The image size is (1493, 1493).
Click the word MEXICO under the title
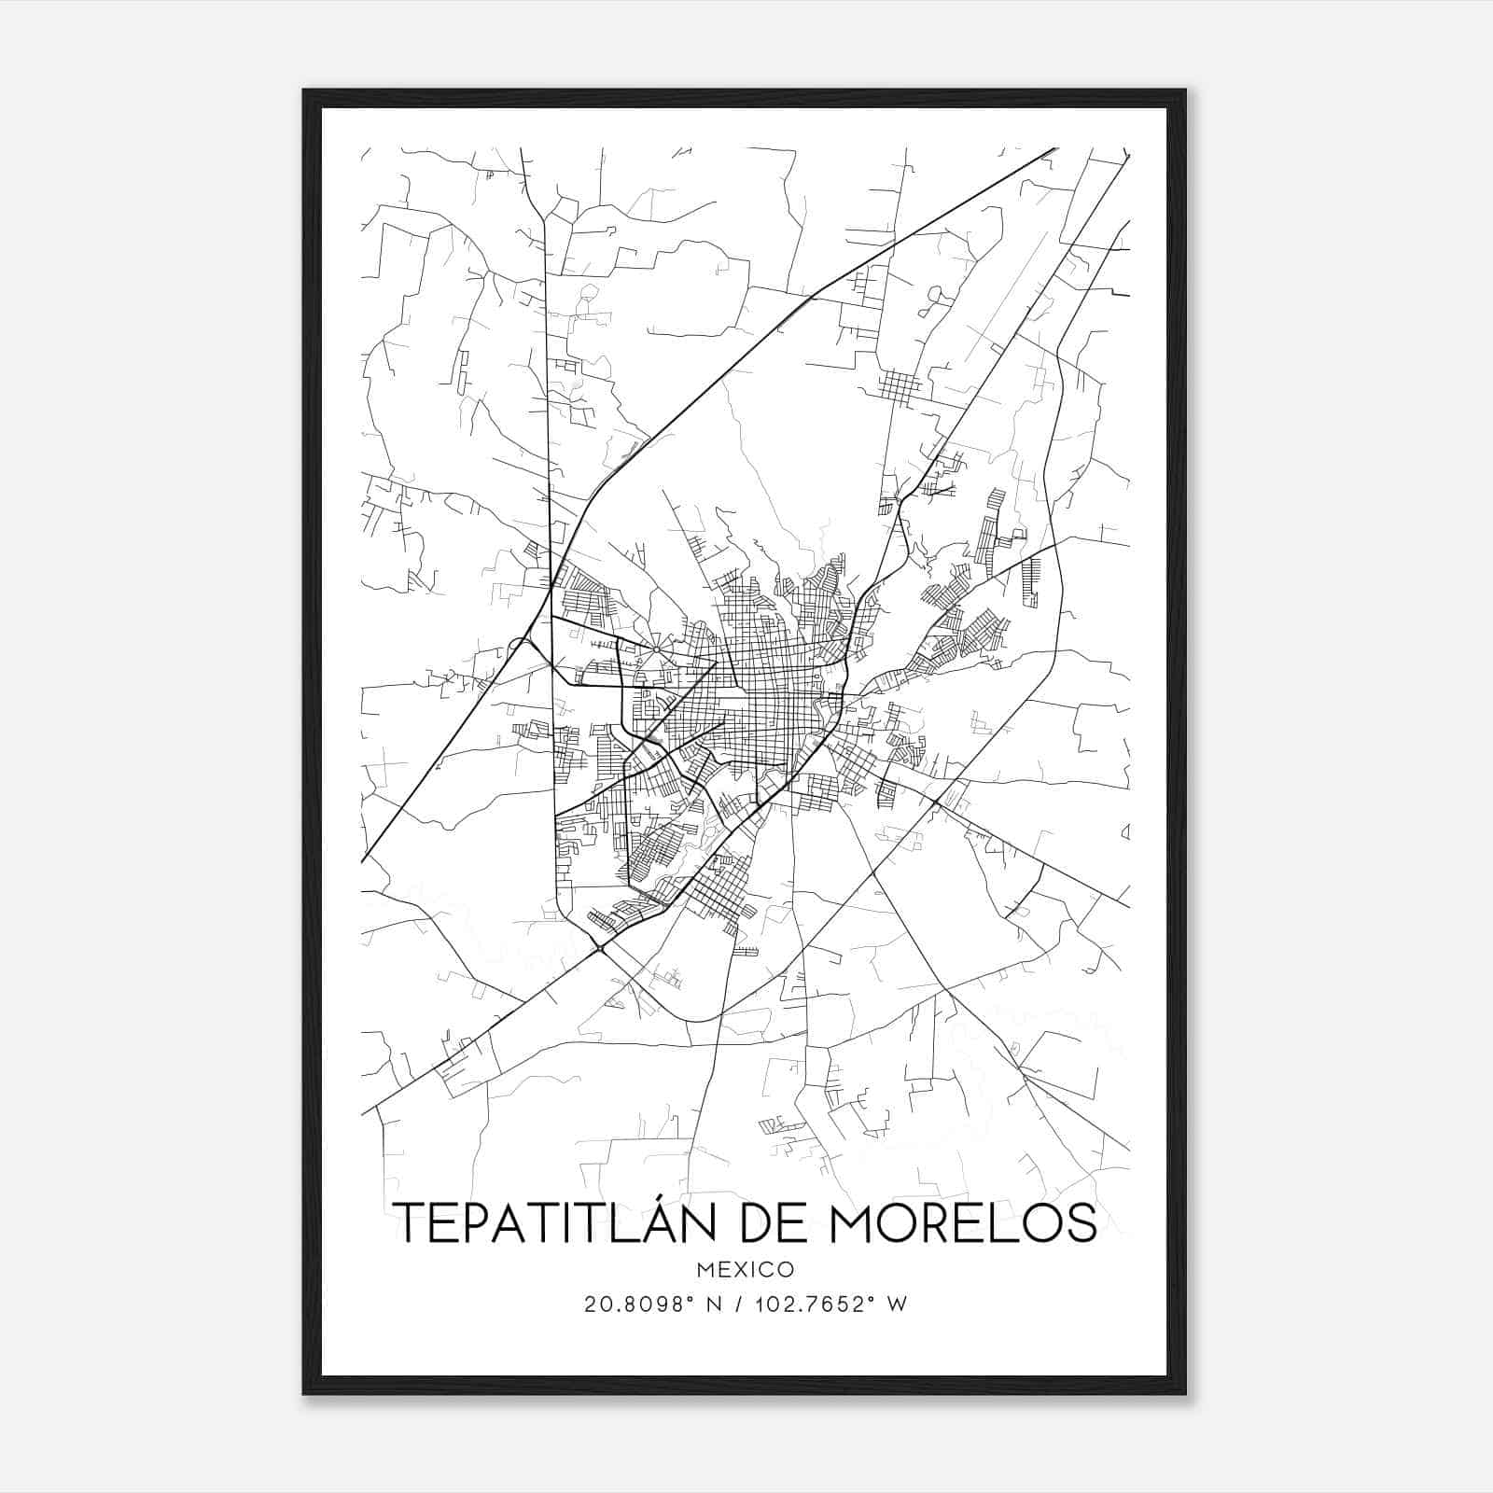pyautogui.click(x=746, y=1269)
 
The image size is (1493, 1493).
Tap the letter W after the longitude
pyautogui.click(x=898, y=1305)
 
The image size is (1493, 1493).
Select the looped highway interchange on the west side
pyautogui.click(x=519, y=645)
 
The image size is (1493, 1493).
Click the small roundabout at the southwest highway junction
pyautogui.click(x=599, y=949)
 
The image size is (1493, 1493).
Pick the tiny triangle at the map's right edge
pyautogui.click(x=1125, y=831)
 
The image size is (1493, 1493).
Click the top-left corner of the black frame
pyautogui.click(x=303, y=91)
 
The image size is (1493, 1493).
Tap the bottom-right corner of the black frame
pyautogui.click(x=1185, y=1394)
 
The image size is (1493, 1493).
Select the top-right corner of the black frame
pyautogui.click(x=1185, y=91)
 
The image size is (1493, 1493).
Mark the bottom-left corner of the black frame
pyautogui.click(x=303, y=1394)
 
